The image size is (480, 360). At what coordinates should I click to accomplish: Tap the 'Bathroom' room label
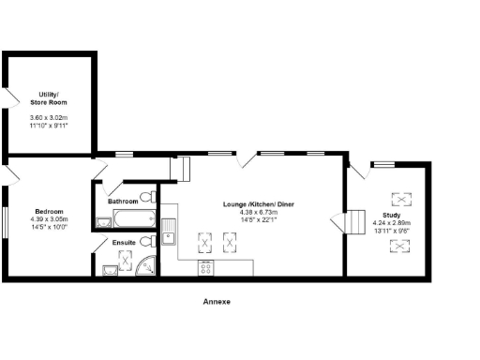(x=123, y=202)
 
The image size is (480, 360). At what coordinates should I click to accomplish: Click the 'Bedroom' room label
(x=49, y=212)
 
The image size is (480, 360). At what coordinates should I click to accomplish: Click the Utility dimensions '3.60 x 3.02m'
(x=50, y=116)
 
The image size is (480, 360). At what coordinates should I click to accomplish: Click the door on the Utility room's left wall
(x=9, y=99)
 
